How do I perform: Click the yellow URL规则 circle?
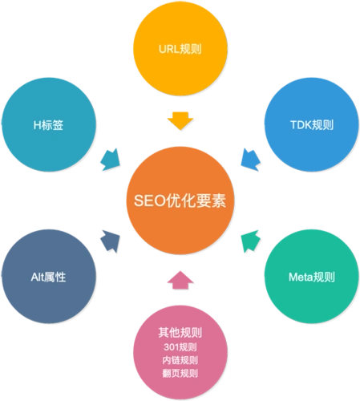pyautogui.click(x=180, y=49)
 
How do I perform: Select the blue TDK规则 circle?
pyautogui.click(x=311, y=124)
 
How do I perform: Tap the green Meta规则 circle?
pyautogui.click(x=311, y=277)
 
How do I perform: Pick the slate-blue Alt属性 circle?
pyautogui.click(x=48, y=277)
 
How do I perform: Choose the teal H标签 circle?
pyautogui.click(x=48, y=124)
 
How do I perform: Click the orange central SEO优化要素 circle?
pyautogui.click(x=180, y=200)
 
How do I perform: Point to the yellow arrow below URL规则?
pyautogui.click(x=180, y=121)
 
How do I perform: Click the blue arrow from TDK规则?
pyautogui.click(x=250, y=157)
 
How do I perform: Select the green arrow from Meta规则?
pyautogui.click(x=249, y=238)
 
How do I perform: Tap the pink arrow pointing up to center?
pyautogui.click(x=180, y=279)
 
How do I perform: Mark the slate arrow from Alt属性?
pyautogui.click(x=109, y=238)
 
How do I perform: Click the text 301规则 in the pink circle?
pyautogui.click(x=180, y=347)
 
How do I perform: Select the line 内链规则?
pyautogui.click(x=180, y=360)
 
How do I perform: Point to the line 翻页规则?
pyautogui.click(x=180, y=373)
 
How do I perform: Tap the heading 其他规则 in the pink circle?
pyautogui.click(x=180, y=332)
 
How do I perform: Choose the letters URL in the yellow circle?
pyautogui.click(x=168, y=49)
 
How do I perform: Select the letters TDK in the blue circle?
pyautogui.click(x=300, y=125)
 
